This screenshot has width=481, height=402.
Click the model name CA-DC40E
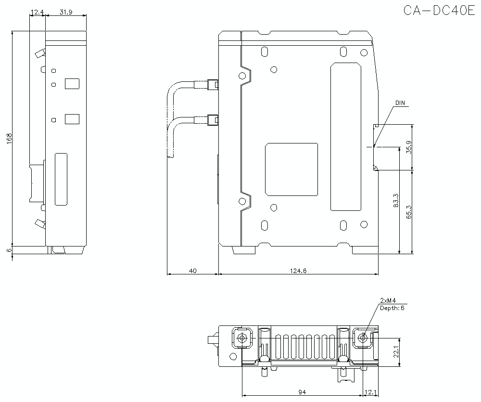pyautogui.click(x=439, y=11)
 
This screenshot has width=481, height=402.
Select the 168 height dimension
pyautogui.click(x=9, y=138)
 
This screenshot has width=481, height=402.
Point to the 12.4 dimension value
pyautogui.click(x=37, y=12)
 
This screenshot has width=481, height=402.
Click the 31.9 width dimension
pyautogui.click(x=66, y=12)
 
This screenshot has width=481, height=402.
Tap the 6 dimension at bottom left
pyautogui.click(x=9, y=250)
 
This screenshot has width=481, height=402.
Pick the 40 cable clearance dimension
pyautogui.click(x=192, y=271)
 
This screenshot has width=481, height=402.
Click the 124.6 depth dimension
pyautogui.click(x=298, y=271)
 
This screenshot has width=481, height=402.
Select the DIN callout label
pyautogui.click(x=400, y=103)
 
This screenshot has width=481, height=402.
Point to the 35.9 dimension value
pyautogui.click(x=409, y=147)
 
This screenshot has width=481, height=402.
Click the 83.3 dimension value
pyautogui.click(x=395, y=200)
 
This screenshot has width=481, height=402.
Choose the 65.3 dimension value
pyautogui.click(x=409, y=212)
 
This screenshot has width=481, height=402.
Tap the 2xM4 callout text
pyautogui.click(x=388, y=300)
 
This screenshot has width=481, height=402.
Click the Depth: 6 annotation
pyautogui.click(x=392, y=308)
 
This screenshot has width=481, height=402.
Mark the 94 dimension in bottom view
pyautogui.click(x=302, y=392)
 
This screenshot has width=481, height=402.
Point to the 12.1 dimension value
pyautogui.click(x=371, y=392)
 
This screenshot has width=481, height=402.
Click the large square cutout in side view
pyautogui.click(x=292, y=169)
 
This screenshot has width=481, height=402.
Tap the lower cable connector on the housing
pyautogui.click(x=212, y=120)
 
